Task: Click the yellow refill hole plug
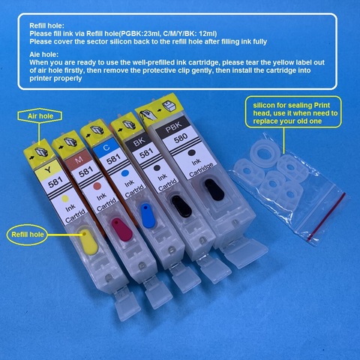(x=88, y=241)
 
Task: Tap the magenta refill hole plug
(x=121, y=229)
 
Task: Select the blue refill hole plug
(x=148, y=215)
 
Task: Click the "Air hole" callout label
(x=40, y=116)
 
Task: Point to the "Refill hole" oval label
(x=27, y=235)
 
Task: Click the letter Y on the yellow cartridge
(x=48, y=170)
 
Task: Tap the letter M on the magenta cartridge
(x=79, y=159)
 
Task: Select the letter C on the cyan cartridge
(x=106, y=148)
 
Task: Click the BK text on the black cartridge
(x=139, y=142)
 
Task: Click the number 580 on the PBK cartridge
(x=181, y=137)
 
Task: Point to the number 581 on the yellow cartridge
(x=55, y=182)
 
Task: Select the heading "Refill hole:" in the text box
(x=46, y=25)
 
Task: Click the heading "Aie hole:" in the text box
(x=43, y=54)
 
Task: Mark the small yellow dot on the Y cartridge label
(x=65, y=199)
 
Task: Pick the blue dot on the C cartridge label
(x=124, y=173)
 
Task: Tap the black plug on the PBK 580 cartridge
(x=214, y=189)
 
